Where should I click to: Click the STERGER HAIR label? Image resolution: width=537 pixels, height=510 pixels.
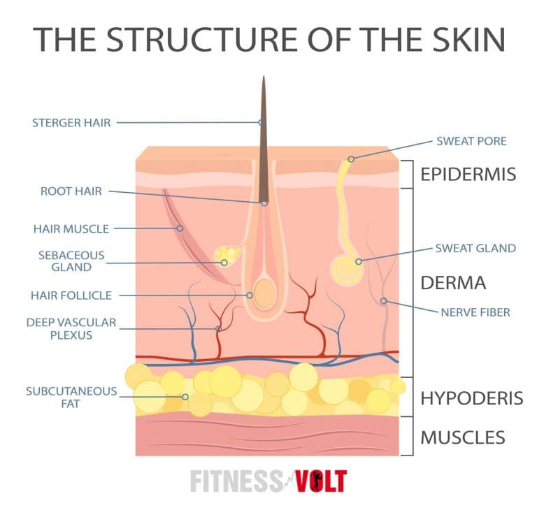pyautogui.click(x=71, y=123)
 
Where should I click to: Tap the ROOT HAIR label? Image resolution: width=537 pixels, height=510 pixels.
pyautogui.click(x=71, y=191)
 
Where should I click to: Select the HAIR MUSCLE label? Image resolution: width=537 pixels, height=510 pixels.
pyautogui.click(x=71, y=228)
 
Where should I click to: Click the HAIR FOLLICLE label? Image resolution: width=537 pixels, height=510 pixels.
pyautogui.click(x=71, y=296)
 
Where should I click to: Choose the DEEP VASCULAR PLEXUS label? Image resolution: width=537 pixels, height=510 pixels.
pyautogui.click(x=71, y=328)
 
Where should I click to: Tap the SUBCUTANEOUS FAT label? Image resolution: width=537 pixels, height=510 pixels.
pyautogui.click(x=71, y=396)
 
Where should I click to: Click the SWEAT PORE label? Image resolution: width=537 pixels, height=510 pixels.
pyautogui.click(x=471, y=141)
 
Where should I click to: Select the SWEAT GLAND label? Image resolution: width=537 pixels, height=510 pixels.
pyautogui.click(x=475, y=248)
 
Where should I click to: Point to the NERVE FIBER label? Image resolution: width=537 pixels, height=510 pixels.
pyautogui.click(x=475, y=312)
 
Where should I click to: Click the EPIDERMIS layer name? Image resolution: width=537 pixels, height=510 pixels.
pyautogui.click(x=468, y=174)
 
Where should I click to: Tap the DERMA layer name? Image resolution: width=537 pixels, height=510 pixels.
pyautogui.click(x=452, y=283)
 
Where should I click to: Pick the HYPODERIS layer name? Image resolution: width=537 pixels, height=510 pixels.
pyautogui.click(x=471, y=398)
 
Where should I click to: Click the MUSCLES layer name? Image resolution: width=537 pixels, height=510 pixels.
pyautogui.click(x=462, y=438)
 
